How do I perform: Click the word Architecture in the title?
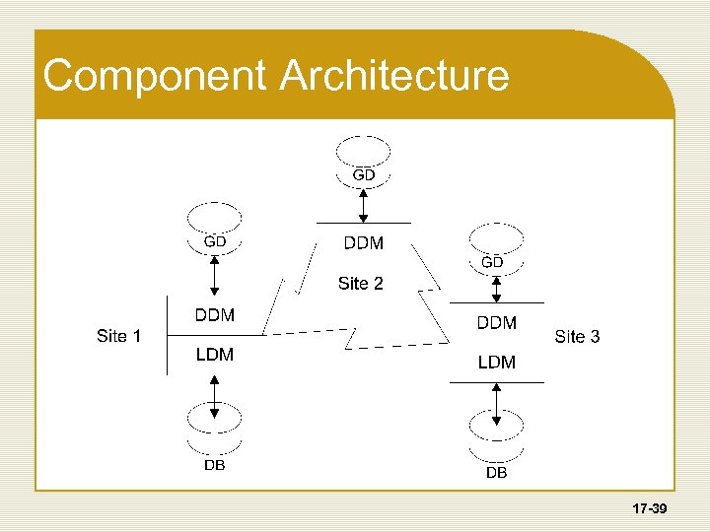pyautogui.click(x=395, y=77)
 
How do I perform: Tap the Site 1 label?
pyautogui.click(x=118, y=336)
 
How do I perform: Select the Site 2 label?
pyautogui.click(x=360, y=284)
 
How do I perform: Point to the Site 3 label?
pyautogui.click(x=577, y=337)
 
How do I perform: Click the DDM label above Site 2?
pyautogui.click(x=364, y=243)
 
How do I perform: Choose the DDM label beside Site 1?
pyautogui.click(x=215, y=315)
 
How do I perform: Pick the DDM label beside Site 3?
pyautogui.click(x=496, y=322)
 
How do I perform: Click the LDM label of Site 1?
pyautogui.click(x=215, y=355)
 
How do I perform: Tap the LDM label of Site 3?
pyautogui.click(x=496, y=363)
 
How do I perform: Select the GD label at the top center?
pyautogui.click(x=364, y=174)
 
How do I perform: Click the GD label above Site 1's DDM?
pyautogui.click(x=215, y=240)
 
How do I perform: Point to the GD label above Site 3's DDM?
pyautogui.click(x=492, y=262)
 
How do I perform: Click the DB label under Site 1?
pyautogui.click(x=214, y=465)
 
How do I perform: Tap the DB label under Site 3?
pyautogui.click(x=496, y=473)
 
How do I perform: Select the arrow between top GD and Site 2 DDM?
pyautogui.click(x=363, y=204)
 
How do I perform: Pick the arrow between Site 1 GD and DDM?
pyautogui.click(x=215, y=275)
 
